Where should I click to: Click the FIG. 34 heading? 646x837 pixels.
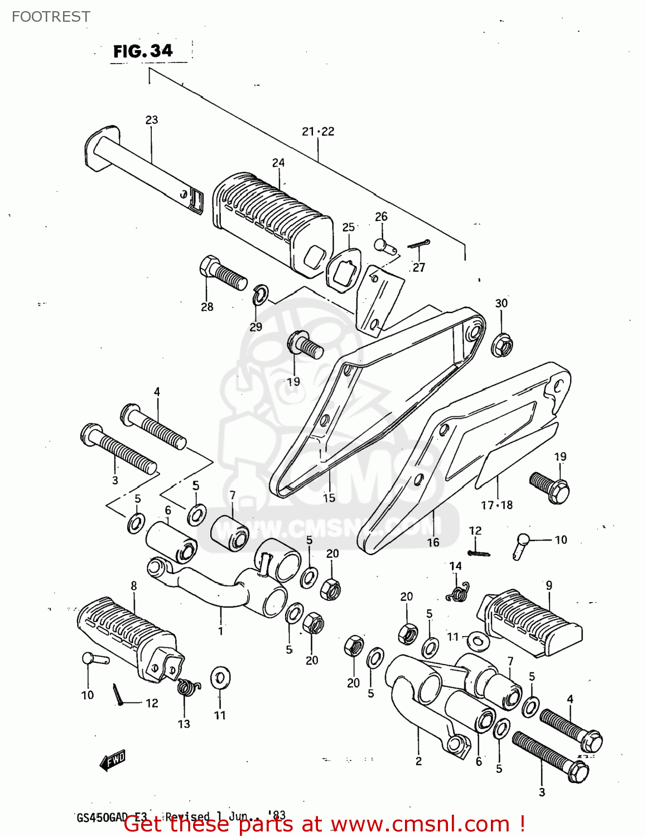pos(143,51)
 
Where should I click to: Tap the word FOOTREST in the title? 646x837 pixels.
pos(51,17)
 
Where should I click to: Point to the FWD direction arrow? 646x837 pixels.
pos(113,760)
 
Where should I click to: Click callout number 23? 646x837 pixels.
pos(152,120)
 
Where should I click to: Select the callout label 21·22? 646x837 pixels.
pos(318,132)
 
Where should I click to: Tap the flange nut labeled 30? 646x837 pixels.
pos(502,345)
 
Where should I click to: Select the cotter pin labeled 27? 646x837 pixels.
pos(418,244)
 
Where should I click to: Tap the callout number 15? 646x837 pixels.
pos(329,498)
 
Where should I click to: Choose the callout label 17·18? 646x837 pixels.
pos(496,505)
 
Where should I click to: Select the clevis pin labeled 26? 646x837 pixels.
pos(384,246)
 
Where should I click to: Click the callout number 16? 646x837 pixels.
pos(433,542)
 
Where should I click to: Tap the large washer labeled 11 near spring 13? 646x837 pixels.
pos(220,679)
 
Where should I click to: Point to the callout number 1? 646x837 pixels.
pos(220,631)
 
